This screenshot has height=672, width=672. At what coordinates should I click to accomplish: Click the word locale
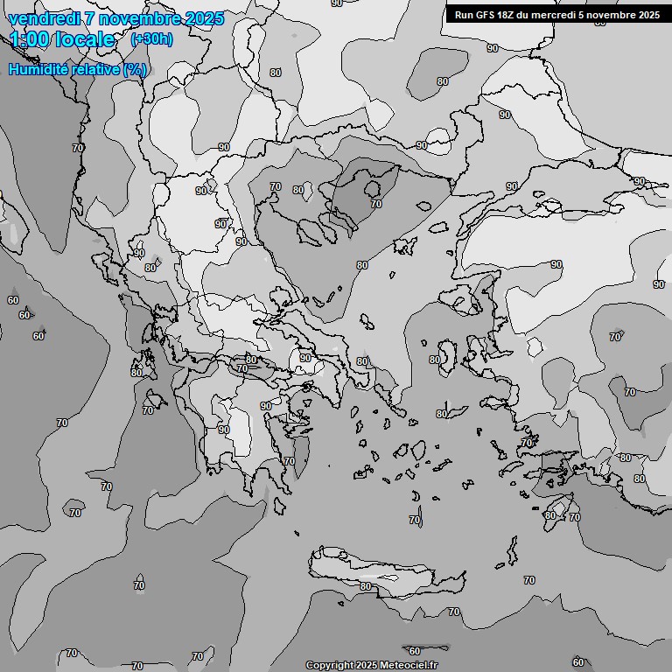point(85,39)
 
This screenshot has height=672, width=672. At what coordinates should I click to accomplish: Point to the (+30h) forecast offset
point(151,39)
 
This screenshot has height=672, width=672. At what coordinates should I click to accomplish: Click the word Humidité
point(36,69)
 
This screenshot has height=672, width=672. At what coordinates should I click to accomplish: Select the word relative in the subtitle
point(93,69)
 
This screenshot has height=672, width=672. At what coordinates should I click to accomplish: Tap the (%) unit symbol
point(135,69)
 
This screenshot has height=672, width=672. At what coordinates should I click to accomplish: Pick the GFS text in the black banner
point(486,15)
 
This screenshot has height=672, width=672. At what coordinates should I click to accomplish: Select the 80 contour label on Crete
point(366,586)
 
